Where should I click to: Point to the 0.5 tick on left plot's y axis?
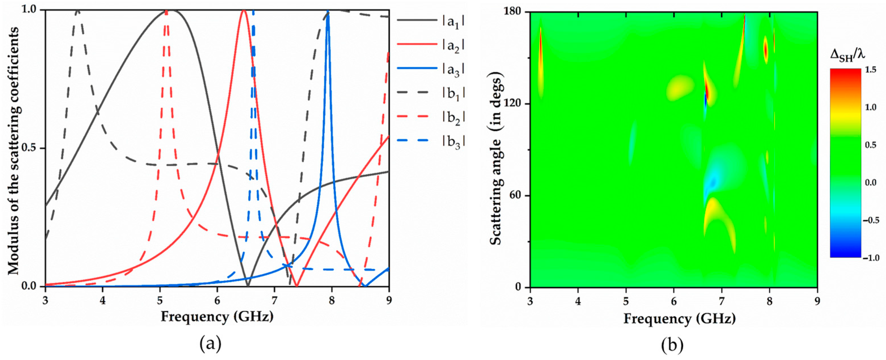point(32,148)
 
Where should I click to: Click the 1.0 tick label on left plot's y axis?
point(32,10)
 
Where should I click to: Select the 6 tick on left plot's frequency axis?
point(217,298)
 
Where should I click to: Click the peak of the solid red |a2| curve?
point(244,11)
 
